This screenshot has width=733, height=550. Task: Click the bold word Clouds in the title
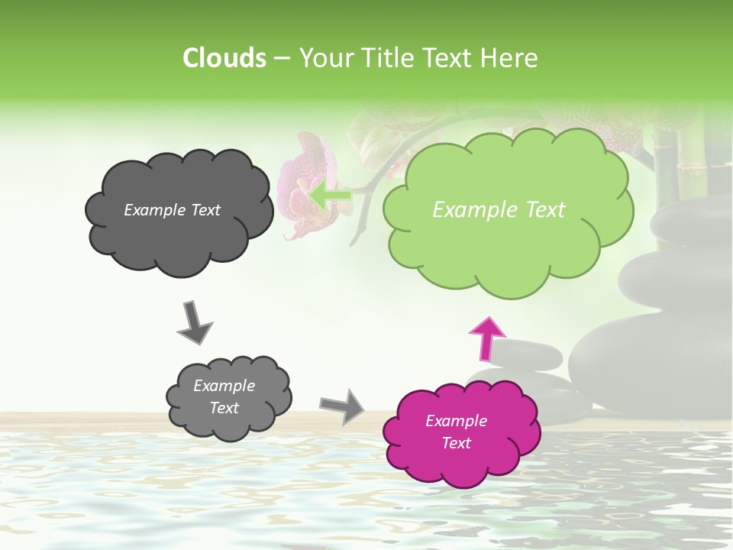point(224,58)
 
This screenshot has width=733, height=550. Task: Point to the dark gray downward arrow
point(194,322)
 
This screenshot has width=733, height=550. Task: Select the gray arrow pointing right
point(342,406)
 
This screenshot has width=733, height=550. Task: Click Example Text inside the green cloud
point(499,210)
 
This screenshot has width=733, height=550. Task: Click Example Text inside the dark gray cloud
point(172,210)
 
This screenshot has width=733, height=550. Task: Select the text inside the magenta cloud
point(456,432)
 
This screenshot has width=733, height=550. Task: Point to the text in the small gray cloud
point(224,396)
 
